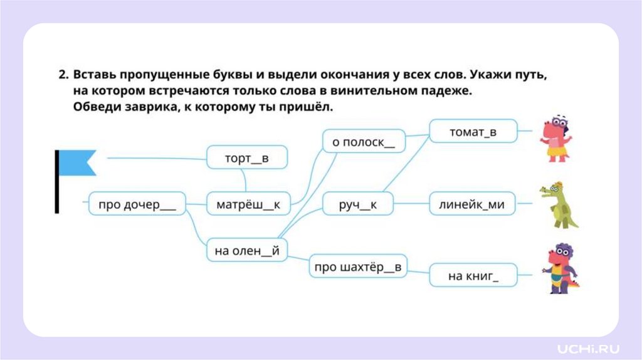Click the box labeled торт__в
[247, 157]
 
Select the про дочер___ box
[137, 204]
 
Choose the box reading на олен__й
[247, 250]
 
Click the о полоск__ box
[364, 141]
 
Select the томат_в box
[473, 131]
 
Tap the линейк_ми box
[473, 204]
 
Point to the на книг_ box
[473, 275]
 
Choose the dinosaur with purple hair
[559, 269]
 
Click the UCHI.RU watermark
[587, 347]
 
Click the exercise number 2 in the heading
[63, 75]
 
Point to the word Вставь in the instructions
[93, 75]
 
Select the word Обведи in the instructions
[95, 107]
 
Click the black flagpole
[57, 182]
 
